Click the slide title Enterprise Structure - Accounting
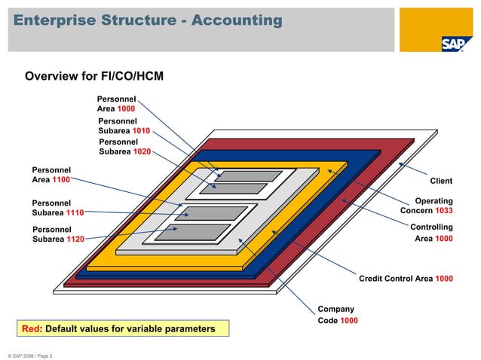click(147, 20)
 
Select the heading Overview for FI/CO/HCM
click(94, 76)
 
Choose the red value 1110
click(74, 213)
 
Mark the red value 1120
click(74, 239)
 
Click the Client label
click(441, 181)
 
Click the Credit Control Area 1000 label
click(406, 279)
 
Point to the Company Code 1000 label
click(338, 315)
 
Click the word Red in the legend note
click(30, 329)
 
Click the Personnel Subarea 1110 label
click(57, 208)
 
